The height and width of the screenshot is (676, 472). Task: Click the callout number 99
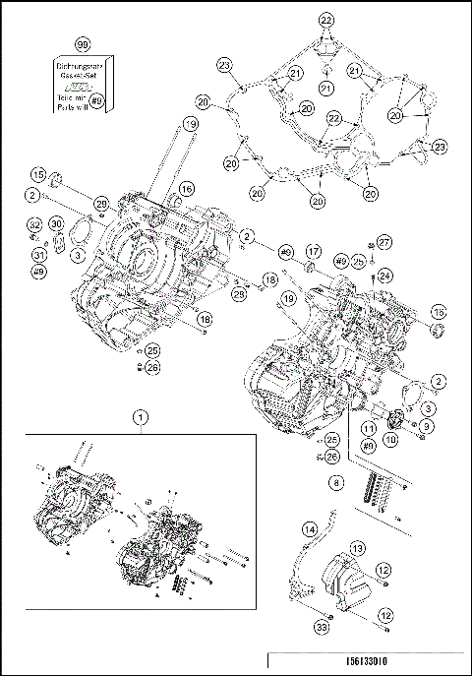(x=84, y=47)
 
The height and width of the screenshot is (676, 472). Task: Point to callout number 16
(x=186, y=189)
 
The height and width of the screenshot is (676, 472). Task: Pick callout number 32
(x=32, y=225)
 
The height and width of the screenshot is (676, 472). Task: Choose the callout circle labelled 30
(x=56, y=225)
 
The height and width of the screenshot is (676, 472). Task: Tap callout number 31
(x=39, y=256)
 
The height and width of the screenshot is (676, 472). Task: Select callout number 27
(x=384, y=242)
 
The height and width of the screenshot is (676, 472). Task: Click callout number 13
(x=358, y=547)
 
